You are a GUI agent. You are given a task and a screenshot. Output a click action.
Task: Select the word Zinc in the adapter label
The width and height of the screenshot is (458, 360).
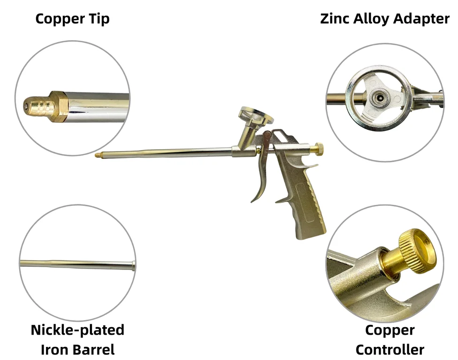click(332, 19)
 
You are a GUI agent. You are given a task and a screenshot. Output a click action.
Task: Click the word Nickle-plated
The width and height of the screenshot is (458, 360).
click(77, 330)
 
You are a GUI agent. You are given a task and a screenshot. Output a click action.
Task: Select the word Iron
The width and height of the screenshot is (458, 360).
click(55, 349)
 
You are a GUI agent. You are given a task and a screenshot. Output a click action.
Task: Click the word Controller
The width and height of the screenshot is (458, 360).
click(390, 349)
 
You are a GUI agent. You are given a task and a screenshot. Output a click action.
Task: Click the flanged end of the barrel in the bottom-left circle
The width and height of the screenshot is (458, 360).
click(134, 266)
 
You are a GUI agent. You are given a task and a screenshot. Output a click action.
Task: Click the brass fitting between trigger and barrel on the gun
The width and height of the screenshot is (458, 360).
click(258, 150)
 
